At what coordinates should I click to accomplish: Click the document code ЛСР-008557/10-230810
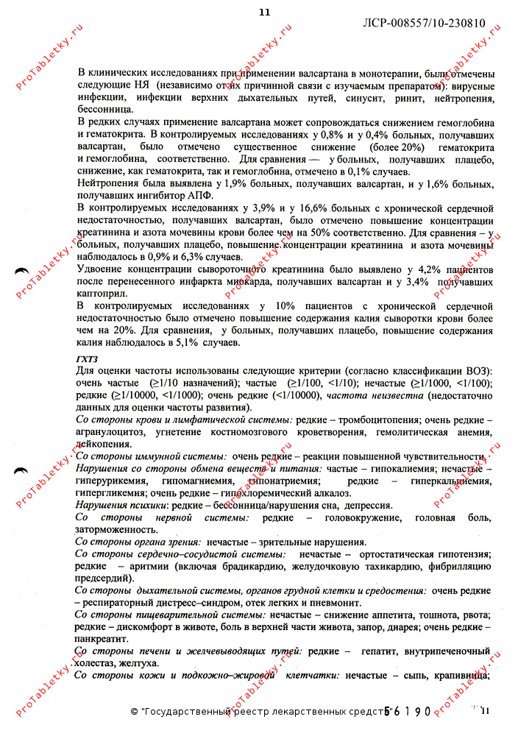pyautogui.click(x=425, y=23)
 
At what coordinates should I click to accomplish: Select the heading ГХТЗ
pyautogui.click(x=87, y=358)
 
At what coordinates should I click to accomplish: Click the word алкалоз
pyautogui.click(x=303, y=493)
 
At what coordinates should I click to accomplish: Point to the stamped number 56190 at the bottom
pyautogui.click(x=406, y=712)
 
